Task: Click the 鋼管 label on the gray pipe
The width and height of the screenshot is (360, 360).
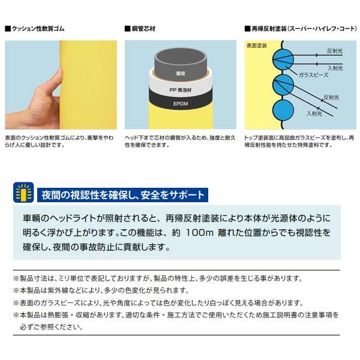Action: point(181,73)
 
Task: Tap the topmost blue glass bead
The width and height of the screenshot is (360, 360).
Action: point(281,58)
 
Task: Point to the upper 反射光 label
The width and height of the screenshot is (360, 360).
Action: point(336,51)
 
